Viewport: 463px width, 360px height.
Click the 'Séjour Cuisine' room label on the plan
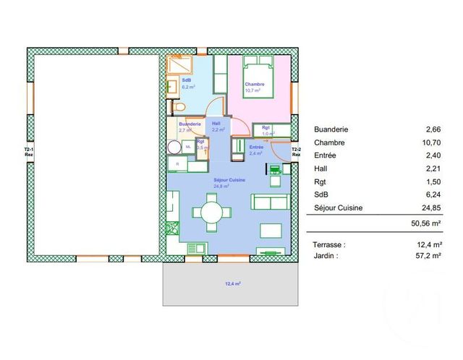pos(229,179)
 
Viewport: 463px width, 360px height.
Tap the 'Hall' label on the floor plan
pos(216,124)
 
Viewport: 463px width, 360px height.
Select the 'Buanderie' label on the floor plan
pos(190,124)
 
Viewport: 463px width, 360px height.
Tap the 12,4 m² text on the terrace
pos(231,284)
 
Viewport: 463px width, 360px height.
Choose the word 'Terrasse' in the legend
pos(331,244)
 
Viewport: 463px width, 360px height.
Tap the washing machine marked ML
pos(188,147)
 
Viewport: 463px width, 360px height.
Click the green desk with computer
pos(276,170)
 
